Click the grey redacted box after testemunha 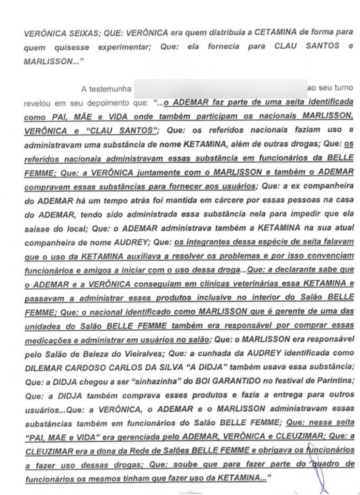tap(220, 89)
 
